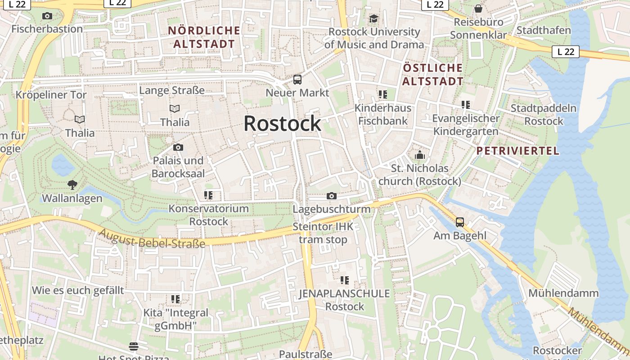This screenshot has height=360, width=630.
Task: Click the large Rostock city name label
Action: [x=282, y=124]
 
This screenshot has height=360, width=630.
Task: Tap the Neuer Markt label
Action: [x=297, y=93]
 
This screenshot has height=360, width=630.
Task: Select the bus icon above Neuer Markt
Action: [x=297, y=80]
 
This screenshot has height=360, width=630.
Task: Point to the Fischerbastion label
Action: [x=47, y=29]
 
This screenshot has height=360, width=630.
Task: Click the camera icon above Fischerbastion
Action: [x=47, y=16]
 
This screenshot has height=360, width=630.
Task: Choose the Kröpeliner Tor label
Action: [x=51, y=95]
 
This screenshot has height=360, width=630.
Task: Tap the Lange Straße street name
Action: [x=172, y=90]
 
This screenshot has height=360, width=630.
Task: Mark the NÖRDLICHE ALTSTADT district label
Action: [x=204, y=37]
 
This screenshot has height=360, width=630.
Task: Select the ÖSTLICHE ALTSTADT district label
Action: [x=432, y=75]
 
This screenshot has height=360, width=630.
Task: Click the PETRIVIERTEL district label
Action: [x=517, y=151]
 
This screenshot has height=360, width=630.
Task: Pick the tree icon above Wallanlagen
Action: [x=72, y=184]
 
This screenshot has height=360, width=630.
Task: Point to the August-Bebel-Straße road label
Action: [x=152, y=238]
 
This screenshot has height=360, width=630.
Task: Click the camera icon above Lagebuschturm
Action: [x=332, y=196]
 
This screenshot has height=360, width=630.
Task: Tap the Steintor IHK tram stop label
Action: [x=323, y=233]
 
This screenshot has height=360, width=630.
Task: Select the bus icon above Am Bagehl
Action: [x=460, y=222]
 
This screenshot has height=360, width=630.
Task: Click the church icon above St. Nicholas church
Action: [x=420, y=155]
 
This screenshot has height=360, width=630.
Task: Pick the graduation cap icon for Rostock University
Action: [x=373, y=19]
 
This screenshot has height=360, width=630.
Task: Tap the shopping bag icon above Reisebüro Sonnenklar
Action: [x=478, y=9]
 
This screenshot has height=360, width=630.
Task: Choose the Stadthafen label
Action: [x=544, y=31]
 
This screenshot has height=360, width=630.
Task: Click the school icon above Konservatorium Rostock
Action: [x=208, y=195]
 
